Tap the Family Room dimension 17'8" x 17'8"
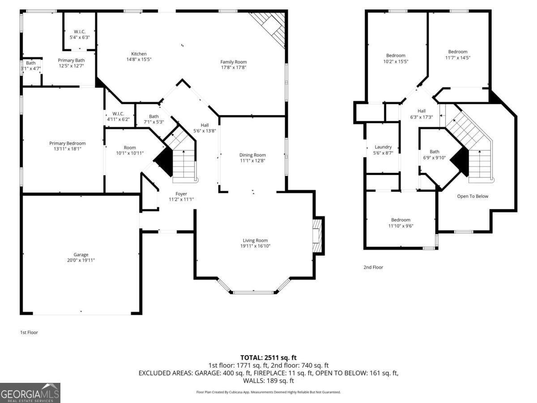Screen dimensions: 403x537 (x=233, y=68)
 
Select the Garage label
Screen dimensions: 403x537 (x=81, y=254)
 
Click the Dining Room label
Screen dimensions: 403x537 (x=252, y=155)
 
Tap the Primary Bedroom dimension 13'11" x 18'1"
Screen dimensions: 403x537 (x=68, y=149)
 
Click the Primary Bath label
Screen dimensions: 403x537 (x=71, y=60)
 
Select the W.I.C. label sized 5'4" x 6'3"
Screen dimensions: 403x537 (x=80, y=31)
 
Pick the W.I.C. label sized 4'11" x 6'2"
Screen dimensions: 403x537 (x=118, y=113)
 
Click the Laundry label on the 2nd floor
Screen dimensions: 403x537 (x=383, y=147)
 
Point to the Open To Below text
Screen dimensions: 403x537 (x=473, y=196)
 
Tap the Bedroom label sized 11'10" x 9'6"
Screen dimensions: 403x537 (x=401, y=220)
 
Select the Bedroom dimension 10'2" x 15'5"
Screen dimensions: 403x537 (x=396, y=61)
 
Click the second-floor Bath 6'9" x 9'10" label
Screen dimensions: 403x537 (x=435, y=151)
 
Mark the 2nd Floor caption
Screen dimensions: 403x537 (x=373, y=267)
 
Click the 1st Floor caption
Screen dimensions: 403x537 (x=29, y=332)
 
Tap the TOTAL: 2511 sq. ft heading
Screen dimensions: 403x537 (x=268, y=357)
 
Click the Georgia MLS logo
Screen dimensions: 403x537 (x=30, y=393)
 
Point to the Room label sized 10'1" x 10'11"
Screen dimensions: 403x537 (x=130, y=148)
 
